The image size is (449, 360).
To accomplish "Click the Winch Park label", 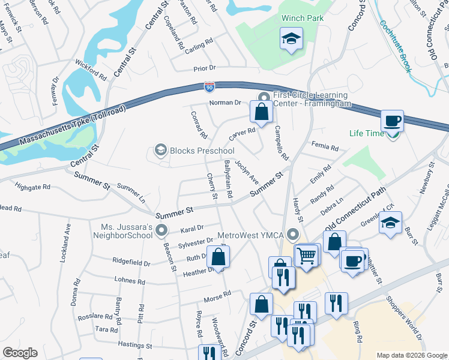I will [x=303, y=18].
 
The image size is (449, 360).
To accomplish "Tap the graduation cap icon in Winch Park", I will [x=291, y=40].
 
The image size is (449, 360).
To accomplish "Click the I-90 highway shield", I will [x=209, y=87].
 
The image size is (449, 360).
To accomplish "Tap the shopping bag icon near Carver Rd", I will [x=261, y=112].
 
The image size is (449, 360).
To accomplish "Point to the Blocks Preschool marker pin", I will [x=160, y=150].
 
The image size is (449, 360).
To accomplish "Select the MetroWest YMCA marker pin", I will [x=293, y=233].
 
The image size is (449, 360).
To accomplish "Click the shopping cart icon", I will [x=306, y=255].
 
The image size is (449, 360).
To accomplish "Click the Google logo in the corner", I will [x=20, y=353].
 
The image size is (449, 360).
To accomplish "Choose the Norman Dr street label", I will [x=224, y=103].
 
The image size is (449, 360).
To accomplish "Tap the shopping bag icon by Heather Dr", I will [x=218, y=257].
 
